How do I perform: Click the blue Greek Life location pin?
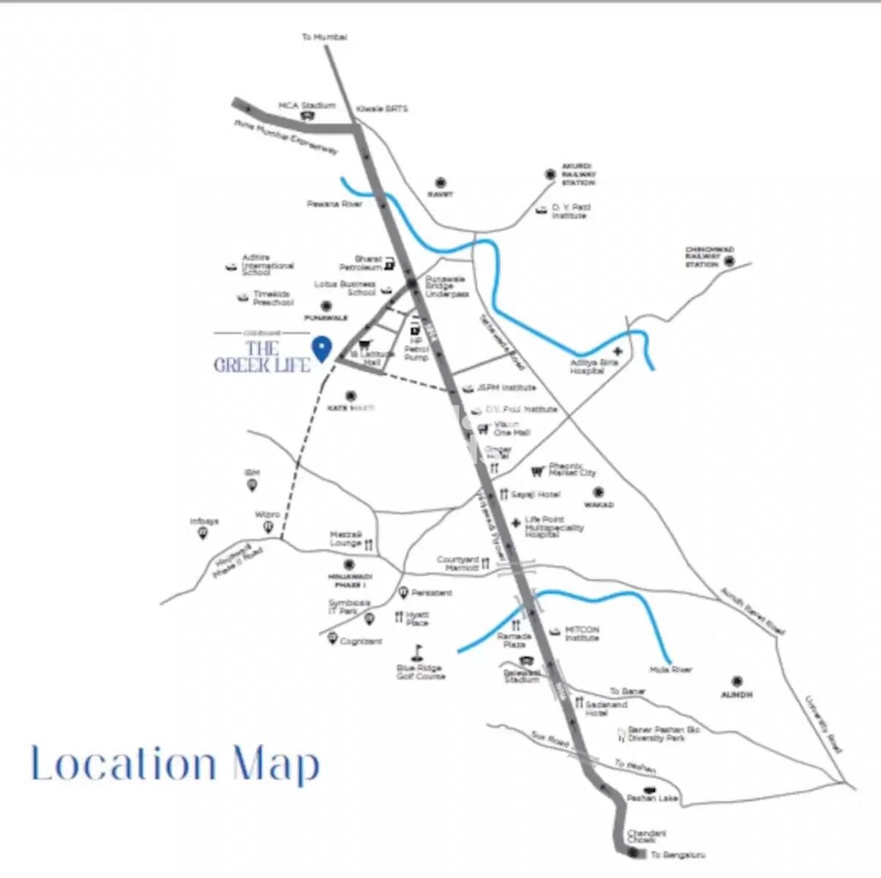coord(320,348)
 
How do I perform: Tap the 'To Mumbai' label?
coord(324,37)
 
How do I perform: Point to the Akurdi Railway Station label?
coord(578,174)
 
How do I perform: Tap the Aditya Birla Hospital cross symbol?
coord(616,353)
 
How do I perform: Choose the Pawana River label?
coord(334,203)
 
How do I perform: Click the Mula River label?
coord(670,669)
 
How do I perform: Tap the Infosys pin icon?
coord(202,534)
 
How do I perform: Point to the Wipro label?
coord(267,515)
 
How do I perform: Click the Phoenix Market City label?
coord(572,469)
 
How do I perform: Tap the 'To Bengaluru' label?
coord(678,855)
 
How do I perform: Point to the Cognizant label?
coord(361,642)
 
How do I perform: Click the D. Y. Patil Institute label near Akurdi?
coord(571,211)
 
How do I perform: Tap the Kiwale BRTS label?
coord(382,109)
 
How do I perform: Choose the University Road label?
coord(825,725)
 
